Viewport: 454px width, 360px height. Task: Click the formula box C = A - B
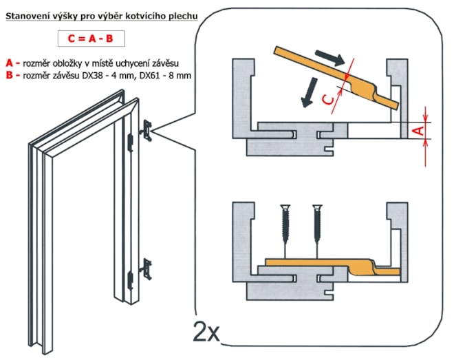tap(95, 39)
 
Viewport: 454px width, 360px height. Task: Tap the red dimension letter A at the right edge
tap(415, 129)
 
